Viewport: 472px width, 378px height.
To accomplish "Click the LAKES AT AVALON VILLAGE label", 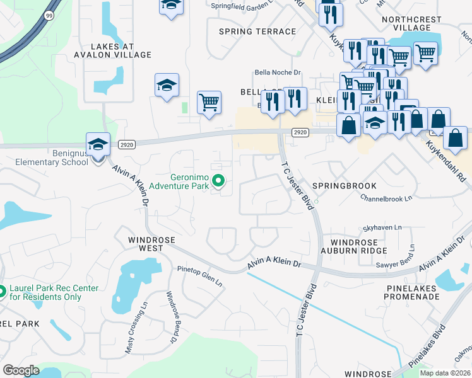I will point(121,50).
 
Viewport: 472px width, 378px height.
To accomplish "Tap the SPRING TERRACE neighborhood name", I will point(257,31).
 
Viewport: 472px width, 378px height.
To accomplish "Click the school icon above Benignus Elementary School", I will point(98,145).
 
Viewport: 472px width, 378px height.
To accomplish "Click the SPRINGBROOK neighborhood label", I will point(345,186).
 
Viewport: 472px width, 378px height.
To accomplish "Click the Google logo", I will point(21,370).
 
